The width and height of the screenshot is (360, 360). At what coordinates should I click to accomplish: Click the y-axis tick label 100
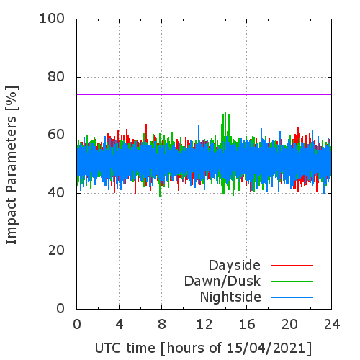[52, 19]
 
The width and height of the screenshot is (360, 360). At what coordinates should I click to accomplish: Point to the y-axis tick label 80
[56, 77]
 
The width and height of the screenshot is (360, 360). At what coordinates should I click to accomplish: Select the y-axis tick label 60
[56, 135]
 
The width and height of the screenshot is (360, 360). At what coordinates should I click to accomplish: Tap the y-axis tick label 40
[56, 193]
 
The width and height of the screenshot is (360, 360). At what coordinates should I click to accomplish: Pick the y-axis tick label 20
[56, 251]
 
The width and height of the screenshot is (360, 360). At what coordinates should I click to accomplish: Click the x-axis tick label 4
[120, 324]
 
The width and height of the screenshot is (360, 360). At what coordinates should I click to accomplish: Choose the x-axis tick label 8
[162, 324]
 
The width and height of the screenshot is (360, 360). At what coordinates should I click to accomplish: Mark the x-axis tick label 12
[204, 324]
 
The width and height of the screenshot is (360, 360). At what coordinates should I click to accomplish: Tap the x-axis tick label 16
[247, 324]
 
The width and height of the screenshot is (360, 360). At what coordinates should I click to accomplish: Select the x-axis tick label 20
[289, 324]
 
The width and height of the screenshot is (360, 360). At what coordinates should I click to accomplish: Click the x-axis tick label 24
[332, 324]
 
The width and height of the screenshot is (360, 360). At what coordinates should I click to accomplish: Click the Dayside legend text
[235, 266]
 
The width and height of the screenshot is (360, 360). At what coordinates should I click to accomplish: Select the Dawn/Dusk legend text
[222, 282]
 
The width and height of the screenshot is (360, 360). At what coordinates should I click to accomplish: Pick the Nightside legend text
[230, 297]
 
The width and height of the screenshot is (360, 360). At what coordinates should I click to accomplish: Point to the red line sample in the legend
[292, 266]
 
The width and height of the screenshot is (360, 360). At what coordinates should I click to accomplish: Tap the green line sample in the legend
[292, 282]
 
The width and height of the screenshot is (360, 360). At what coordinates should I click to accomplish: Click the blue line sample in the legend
[292, 297]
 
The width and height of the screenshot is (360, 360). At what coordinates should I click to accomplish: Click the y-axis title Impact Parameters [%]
[12, 165]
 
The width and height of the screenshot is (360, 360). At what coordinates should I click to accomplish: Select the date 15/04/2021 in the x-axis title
[266, 348]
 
